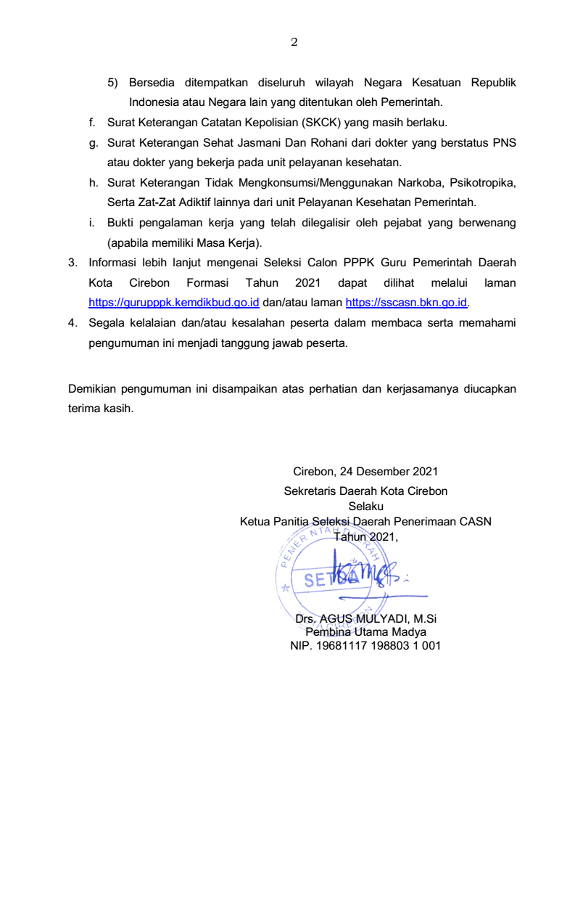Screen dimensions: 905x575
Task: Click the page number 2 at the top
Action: [x=294, y=42]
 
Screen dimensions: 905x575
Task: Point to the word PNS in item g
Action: [x=504, y=143]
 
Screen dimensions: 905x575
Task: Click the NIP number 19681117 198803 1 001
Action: [x=365, y=644]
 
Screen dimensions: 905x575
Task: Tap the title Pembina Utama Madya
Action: [x=365, y=631]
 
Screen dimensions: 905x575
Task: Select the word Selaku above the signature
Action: [x=365, y=506]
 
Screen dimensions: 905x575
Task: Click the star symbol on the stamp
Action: [x=286, y=587]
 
